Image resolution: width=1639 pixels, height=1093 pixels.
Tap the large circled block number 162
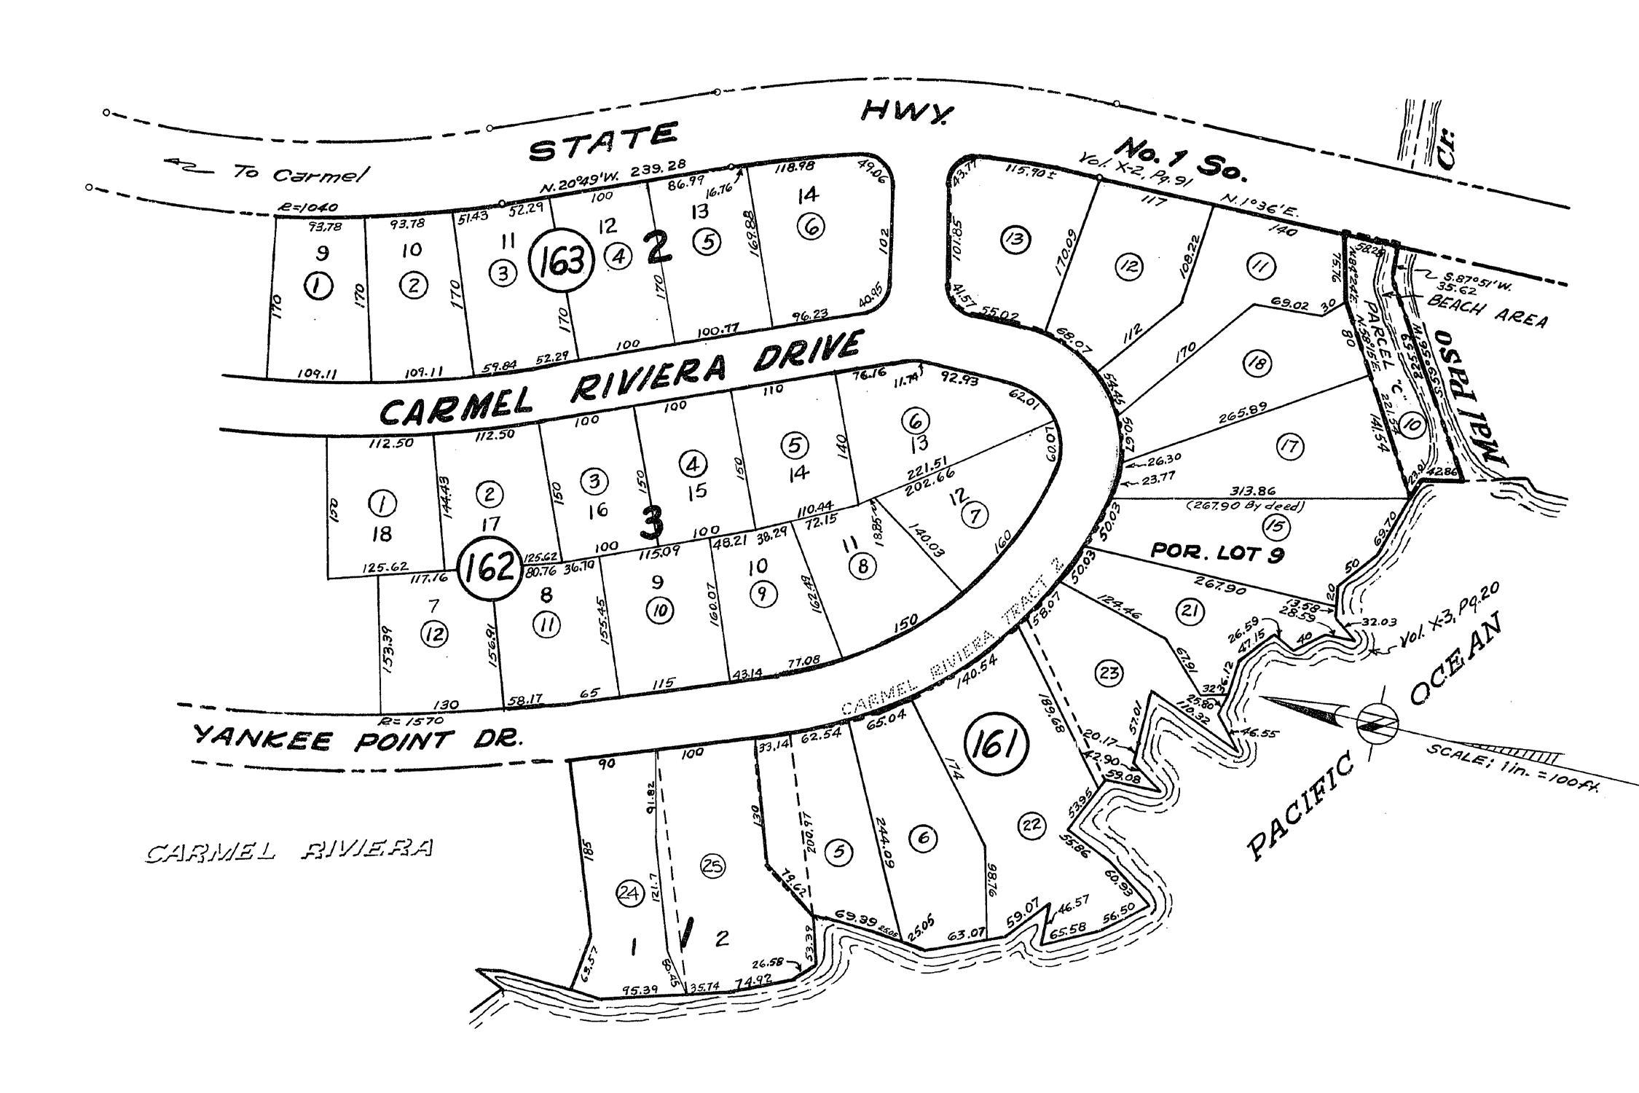pyautogui.click(x=489, y=566)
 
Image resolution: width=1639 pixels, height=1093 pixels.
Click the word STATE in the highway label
pyautogui.click(x=603, y=146)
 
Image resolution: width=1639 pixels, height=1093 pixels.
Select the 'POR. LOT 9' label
pyautogui.click(x=1217, y=553)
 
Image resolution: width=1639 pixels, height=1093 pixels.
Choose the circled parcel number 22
pyautogui.click(x=1031, y=824)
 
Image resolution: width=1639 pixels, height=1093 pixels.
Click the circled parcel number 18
pyautogui.click(x=1257, y=362)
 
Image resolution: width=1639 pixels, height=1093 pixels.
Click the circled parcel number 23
pyautogui.click(x=1109, y=674)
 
